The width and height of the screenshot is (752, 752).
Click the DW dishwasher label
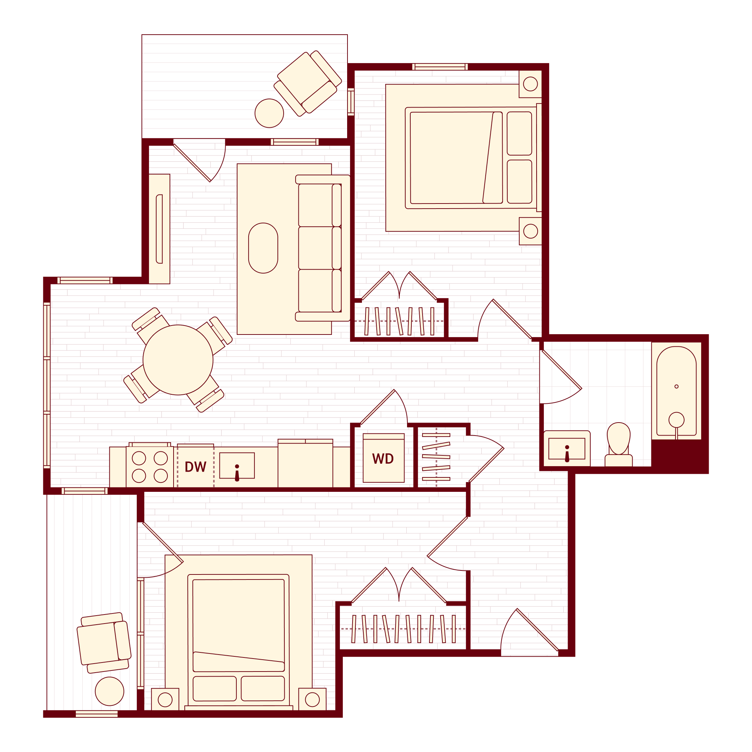point(195,466)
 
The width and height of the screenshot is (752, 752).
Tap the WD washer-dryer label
point(383,459)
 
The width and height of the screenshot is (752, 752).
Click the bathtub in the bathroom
point(676,391)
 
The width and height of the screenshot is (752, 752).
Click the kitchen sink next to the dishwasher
point(237,465)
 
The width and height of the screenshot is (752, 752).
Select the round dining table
point(178,360)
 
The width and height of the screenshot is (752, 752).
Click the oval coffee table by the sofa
point(263,248)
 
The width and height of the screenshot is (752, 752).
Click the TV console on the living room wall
point(159,229)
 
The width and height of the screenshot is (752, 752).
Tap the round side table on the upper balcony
point(269,113)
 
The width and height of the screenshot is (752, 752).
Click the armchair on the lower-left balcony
point(104,643)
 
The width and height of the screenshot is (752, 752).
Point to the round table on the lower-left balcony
point(109,691)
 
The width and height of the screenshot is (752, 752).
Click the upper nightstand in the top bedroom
point(530,84)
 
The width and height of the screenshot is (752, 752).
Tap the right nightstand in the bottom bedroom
point(312,699)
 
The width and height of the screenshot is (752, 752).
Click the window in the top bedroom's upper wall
point(440,67)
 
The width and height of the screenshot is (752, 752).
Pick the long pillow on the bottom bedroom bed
point(238,662)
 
